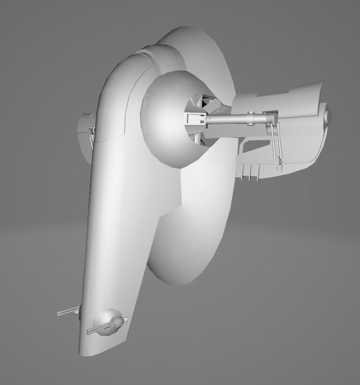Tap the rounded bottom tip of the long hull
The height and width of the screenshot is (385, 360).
pos(90,350)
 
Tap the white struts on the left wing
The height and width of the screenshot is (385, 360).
pos(91,135)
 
